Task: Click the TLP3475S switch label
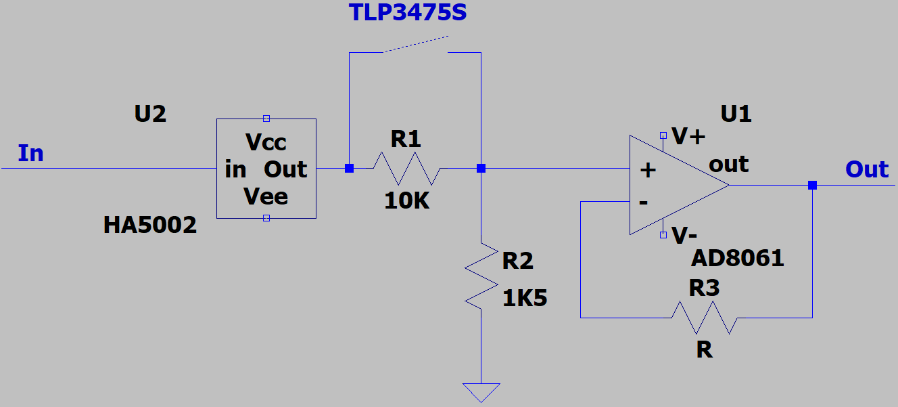point(408,12)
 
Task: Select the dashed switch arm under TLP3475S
point(416,44)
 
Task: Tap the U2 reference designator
point(150,114)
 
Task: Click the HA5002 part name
point(150,225)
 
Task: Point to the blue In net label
point(30,153)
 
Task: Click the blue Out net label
point(867,169)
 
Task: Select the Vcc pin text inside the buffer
point(266,142)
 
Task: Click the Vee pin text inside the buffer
point(266,196)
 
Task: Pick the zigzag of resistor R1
point(407,168)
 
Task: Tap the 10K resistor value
point(406,200)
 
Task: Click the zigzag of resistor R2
point(481,276)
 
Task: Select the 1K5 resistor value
point(524,298)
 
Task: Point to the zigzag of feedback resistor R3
point(705,318)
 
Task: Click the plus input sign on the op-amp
point(648,170)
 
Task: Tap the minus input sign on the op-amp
point(644,202)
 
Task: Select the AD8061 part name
point(738,258)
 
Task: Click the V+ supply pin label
point(688,136)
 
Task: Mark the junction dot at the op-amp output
point(812,185)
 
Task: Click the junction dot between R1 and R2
point(481,168)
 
